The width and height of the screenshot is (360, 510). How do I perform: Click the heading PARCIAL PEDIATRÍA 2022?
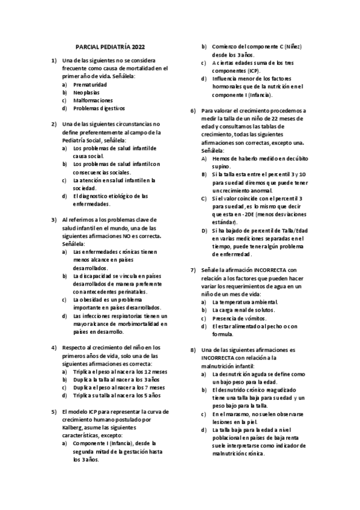110,46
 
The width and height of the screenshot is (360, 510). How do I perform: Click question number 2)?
54,124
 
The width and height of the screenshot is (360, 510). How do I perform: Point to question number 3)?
54,220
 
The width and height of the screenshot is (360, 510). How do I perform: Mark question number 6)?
193,111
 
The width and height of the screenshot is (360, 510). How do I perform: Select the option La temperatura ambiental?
245,301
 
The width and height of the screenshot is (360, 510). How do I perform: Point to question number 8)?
193,349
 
